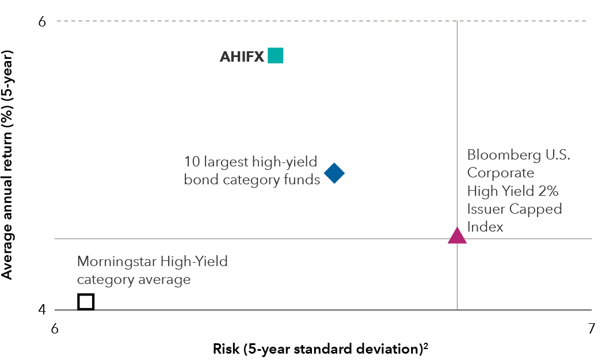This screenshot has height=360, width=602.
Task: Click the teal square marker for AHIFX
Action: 276,56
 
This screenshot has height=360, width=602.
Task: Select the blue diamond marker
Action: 334,173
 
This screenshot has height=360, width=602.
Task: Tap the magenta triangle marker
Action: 457,235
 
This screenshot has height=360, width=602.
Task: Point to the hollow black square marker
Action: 86,301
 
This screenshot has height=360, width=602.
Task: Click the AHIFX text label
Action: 242,56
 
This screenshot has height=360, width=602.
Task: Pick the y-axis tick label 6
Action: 43,21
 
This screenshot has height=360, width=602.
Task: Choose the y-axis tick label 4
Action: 43,310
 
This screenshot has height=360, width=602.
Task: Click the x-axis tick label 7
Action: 591,329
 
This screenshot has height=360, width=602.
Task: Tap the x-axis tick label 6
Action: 55,329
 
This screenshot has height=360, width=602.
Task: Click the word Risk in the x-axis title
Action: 226,348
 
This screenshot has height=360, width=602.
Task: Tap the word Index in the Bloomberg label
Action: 485,227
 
